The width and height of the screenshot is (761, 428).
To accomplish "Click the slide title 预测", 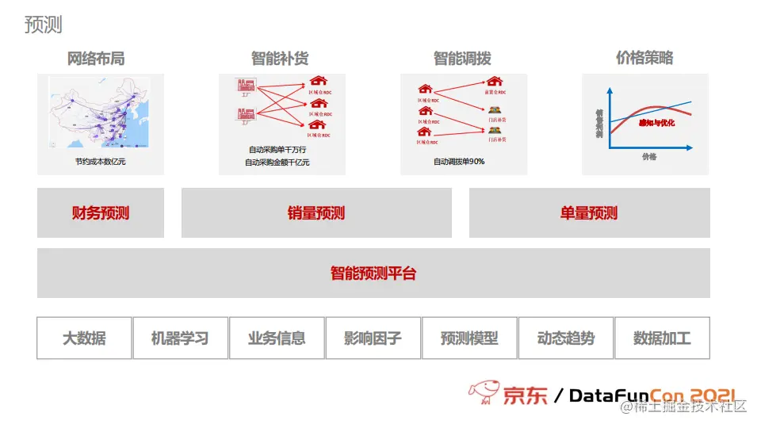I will pyautogui.click(x=44, y=25).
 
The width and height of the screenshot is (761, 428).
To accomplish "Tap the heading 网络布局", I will pyautogui.click(x=96, y=58).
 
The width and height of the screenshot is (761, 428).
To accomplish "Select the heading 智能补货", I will pyautogui.click(x=280, y=58).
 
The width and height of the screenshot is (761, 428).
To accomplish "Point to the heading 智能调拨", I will pyautogui.click(x=462, y=58).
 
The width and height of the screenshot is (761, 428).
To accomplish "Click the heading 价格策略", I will pyautogui.click(x=644, y=58).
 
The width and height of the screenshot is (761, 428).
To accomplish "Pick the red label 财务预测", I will pyautogui.click(x=101, y=213).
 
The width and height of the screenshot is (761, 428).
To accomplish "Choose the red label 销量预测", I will pyautogui.click(x=316, y=213).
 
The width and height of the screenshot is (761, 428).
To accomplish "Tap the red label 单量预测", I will pyautogui.click(x=589, y=213).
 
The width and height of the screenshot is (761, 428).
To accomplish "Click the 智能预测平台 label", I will pyautogui.click(x=373, y=274).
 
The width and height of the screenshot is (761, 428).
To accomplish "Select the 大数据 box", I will pyautogui.click(x=84, y=338).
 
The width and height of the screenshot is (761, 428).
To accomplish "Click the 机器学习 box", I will pyautogui.click(x=180, y=338).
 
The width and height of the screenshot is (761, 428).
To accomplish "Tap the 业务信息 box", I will pyautogui.click(x=277, y=338).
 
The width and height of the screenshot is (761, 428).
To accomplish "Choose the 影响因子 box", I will pyautogui.click(x=373, y=338).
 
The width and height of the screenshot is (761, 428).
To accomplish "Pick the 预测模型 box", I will pyautogui.click(x=469, y=338).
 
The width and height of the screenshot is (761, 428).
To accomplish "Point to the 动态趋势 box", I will pyautogui.click(x=566, y=338).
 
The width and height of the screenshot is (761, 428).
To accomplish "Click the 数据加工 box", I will pyautogui.click(x=662, y=338).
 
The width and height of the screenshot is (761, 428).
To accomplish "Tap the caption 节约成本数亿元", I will pyautogui.click(x=101, y=162).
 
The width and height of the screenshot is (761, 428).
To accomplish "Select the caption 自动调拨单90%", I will pyautogui.click(x=459, y=162).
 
